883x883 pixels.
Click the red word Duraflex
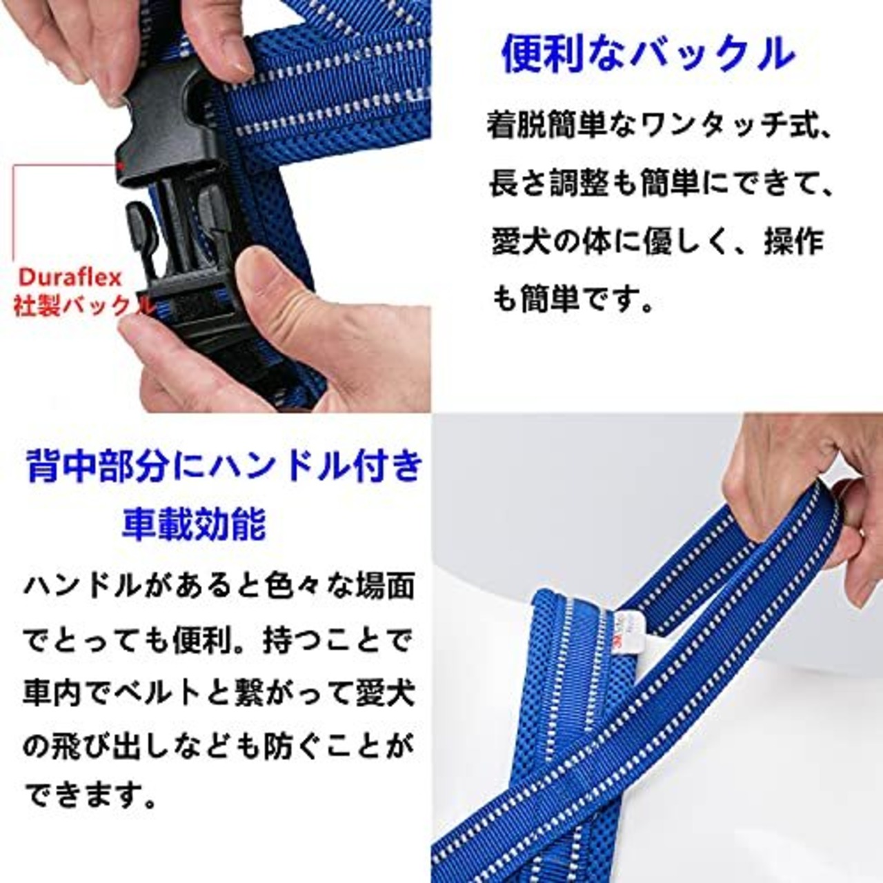(x=70, y=278)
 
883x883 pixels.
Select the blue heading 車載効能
(x=194, y=524)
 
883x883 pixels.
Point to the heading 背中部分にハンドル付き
(x=224, y=466)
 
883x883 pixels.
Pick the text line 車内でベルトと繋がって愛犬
(x=219, y=694)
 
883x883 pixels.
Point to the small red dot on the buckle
(x=121, y=163)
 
